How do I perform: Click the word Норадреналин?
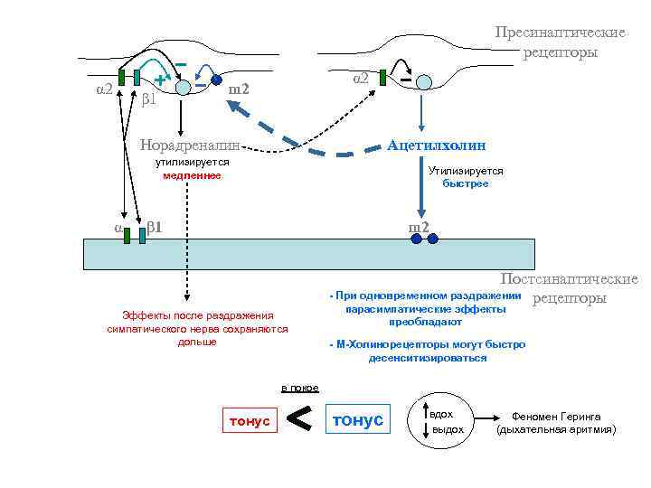[x=191, y=145]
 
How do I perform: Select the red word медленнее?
[x=192, y=175]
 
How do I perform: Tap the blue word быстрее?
[x=466, y=183]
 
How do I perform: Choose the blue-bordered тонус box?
[x=359, y=420]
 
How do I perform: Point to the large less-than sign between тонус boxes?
[x=300, y=418]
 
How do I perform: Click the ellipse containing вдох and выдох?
[x=442, y=421]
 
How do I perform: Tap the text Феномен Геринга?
[x=556, y=416]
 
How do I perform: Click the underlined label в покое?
[x=299, y=388]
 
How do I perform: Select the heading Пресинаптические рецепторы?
[x=560, y=42]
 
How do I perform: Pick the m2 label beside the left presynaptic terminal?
[x=239, y=89]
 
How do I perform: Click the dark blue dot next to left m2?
[x=217, y=80]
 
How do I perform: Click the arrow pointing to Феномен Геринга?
[x=485, y=421]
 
